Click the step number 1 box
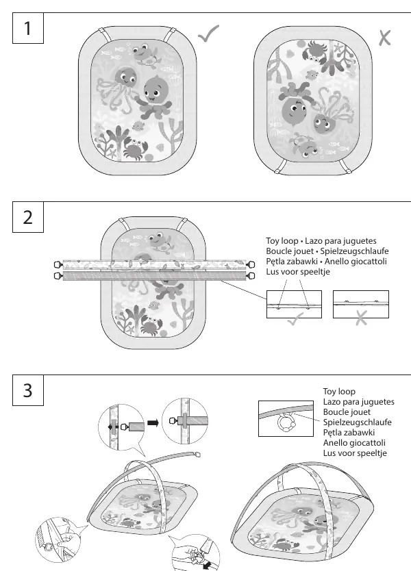coord(28,28)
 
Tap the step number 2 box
coord(28,217)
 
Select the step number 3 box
coord(28,390)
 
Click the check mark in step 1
coord(208,34)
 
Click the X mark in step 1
coord(384,38)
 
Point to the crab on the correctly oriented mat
coord(135,149)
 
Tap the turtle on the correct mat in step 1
coord(143,54)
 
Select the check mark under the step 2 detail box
coord(295,319)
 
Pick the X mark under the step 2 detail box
coord(361,318)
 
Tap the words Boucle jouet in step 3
coord(347,412)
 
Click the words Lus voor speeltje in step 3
coord(355,453)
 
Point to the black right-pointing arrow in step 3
coord(153,423)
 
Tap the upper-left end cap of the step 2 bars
coord(58,264)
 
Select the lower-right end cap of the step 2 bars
coord(251,276)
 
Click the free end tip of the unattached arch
coord(198,454)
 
